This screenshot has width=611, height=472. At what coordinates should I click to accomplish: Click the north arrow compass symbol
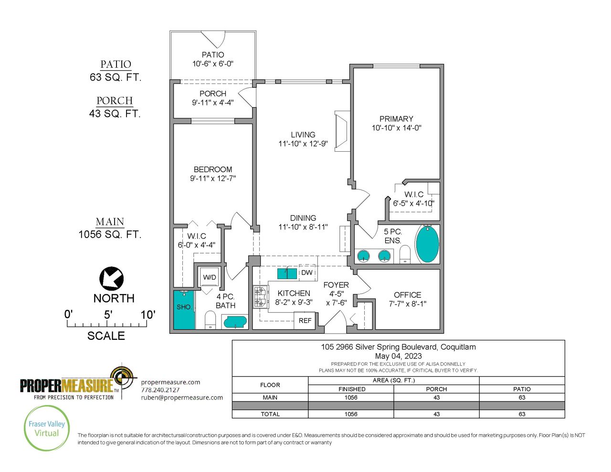pos(111,279)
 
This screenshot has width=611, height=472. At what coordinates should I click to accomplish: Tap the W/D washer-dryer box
pos(210,277)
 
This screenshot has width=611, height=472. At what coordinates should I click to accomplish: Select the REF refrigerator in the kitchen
pos(305,321)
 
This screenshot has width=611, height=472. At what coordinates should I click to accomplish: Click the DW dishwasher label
pos(307,273)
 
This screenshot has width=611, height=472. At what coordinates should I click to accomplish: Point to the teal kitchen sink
pos(287,273)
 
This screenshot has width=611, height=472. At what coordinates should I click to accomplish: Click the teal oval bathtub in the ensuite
pos(427,244)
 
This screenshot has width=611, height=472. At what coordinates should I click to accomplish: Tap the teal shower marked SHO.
pos(184,310)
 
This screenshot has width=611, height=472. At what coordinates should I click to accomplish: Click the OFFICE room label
pos(408,295)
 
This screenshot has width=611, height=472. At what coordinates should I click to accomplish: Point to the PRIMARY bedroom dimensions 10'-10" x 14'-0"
pos(397,128)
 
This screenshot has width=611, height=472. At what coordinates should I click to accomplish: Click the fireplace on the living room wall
pos(342,131)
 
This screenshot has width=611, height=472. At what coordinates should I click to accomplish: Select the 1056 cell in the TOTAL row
pos(351,414)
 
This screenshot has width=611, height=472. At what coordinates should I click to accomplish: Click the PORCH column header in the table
pos(436,389)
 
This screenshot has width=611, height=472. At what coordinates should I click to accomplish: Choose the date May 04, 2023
pos(399,356)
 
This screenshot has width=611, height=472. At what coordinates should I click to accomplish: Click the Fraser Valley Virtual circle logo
pos(47,428)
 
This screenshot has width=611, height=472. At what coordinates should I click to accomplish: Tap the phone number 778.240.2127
pos(160,390)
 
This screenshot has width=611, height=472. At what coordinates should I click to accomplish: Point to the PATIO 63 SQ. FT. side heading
pos(116,71)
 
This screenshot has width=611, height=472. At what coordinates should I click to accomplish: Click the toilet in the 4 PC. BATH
pos(211,320)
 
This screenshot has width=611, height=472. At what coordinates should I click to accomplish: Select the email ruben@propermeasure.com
pos(182,398)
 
